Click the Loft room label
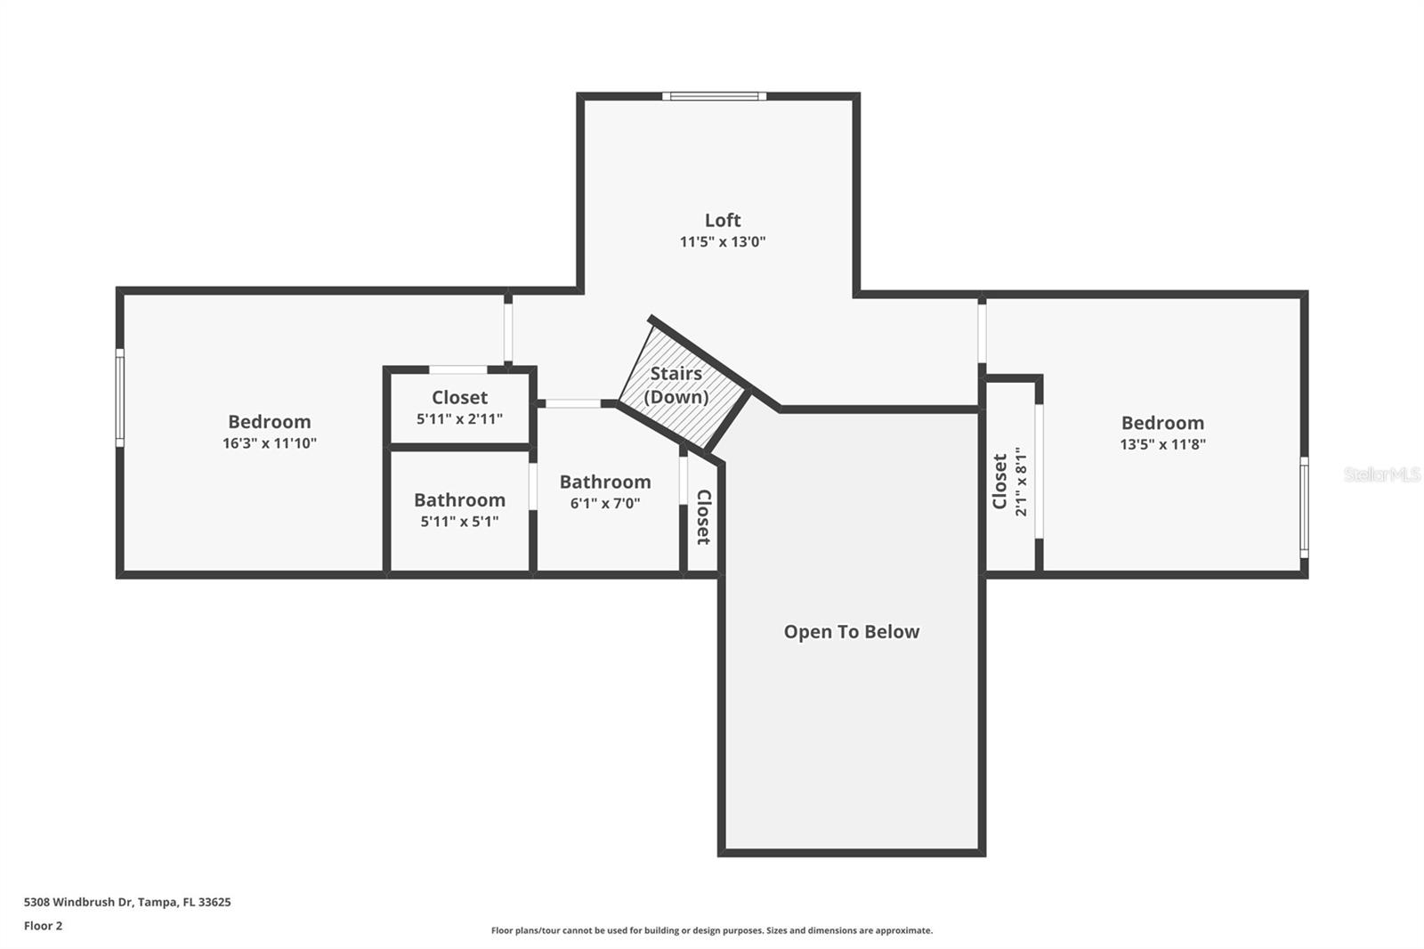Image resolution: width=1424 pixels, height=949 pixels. pyautogui.click(x=722, y=220)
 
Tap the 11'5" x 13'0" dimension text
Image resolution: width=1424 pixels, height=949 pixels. pyautogui.click(x=722, y=241)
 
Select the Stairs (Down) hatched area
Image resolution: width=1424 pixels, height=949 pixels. pyautogui.click(x=681, y=386)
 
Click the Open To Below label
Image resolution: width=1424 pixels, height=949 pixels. pyautogui.click(x=851, y=631)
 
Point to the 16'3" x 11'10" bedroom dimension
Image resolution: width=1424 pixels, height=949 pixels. pyautogui.click(x=269, y=443)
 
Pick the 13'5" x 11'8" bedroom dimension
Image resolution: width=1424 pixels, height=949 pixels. pyautogui.click(x=1162, y=444)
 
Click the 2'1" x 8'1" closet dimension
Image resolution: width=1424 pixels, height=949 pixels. pyautogui.click(x=1021, y=481)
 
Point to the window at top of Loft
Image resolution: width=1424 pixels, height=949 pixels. pyautogui.click(x=714, y=96)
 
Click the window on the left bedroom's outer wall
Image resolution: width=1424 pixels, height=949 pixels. pyautogui.click(x=119, y=397)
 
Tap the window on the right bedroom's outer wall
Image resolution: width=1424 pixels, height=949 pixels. pyautogui.click(x=1304, y=507)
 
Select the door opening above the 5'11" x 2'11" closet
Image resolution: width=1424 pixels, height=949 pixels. pyautogui.click(x=457, y=369)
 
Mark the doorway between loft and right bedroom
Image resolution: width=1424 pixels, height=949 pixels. pyautogui.click(x=982, y=331)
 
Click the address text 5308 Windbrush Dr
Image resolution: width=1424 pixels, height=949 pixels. pyautogui.click(x=127, y=902)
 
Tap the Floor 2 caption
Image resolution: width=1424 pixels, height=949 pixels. pyautogui.click(x=43, y=926)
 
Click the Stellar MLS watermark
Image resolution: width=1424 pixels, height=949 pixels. pyautogui.click(x=1381, y=474)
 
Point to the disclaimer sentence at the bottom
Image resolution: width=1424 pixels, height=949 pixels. pyautogui.click(x=712, y=930)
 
